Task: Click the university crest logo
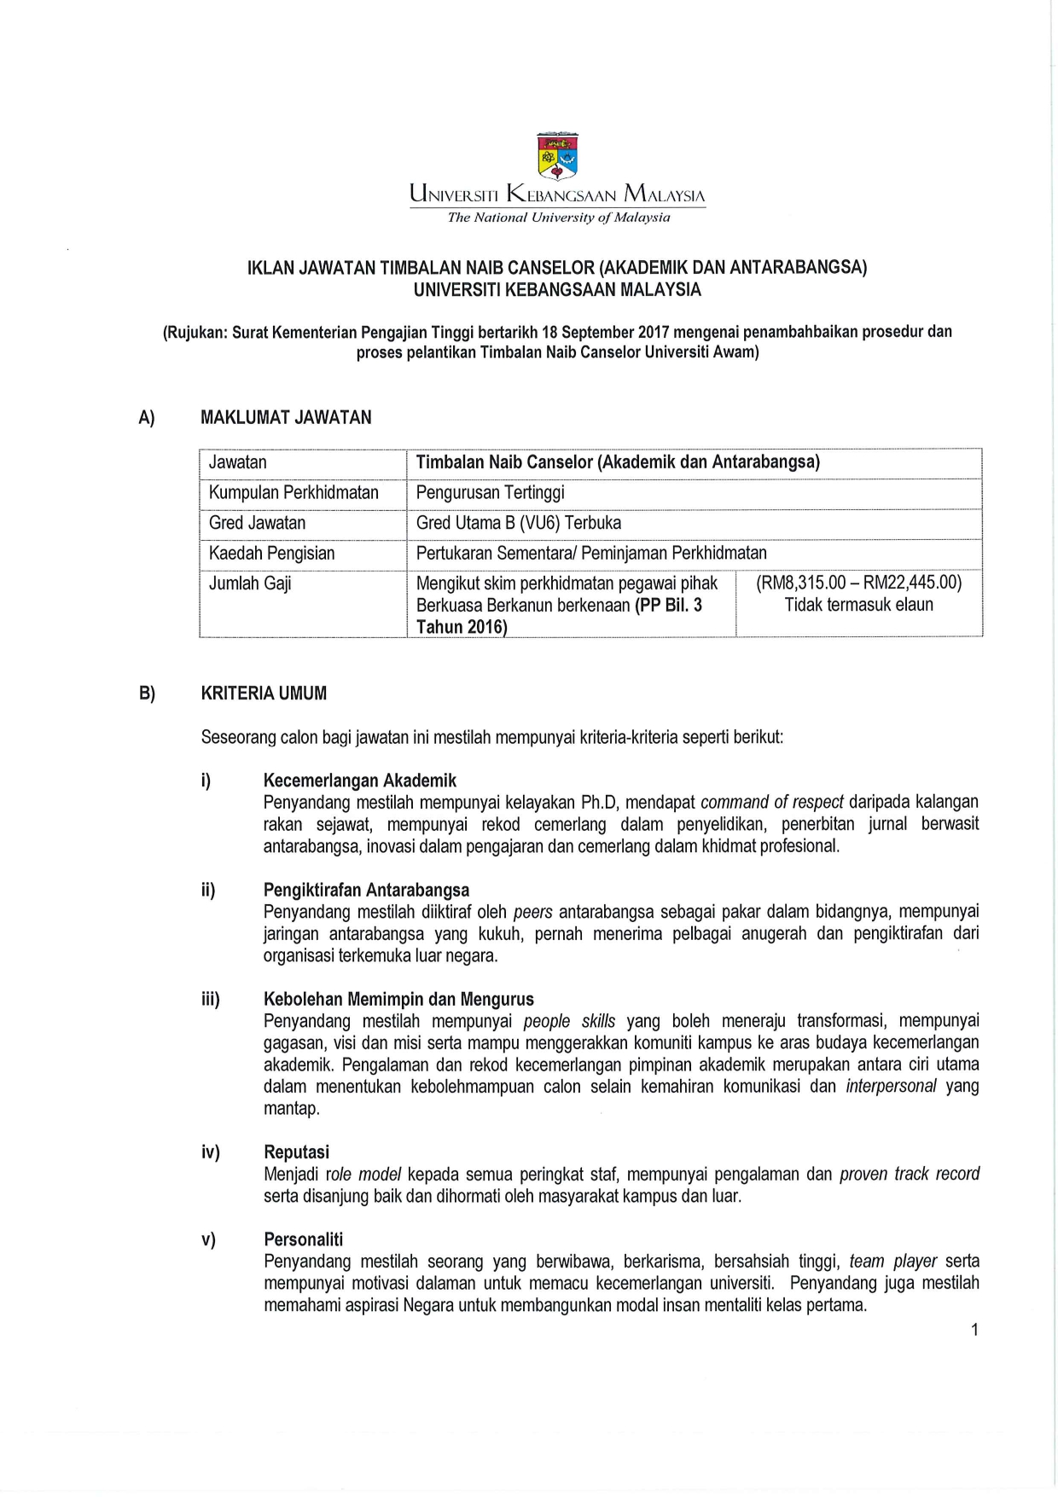(557, 157)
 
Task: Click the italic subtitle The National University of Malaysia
(559, 218)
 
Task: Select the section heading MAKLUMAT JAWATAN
(286, 418)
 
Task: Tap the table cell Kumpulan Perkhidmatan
(294, 493)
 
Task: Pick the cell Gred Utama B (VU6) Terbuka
(518, 523)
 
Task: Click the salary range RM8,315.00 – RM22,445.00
(858, 583)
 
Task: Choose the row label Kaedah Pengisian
(271, 554)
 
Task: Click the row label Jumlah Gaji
(250, 583)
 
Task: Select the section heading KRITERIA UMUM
(264, 693)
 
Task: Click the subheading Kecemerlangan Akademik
(359, 780)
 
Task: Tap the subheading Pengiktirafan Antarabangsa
(366, 891)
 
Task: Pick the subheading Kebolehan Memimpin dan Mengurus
(398, 1000)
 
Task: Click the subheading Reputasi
(296, 1152)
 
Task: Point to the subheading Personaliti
(303, 1239)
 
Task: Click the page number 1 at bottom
(974, 1330)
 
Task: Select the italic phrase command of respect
(771, 803)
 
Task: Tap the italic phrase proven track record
(910, 1175)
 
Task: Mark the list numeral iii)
(211, 1000)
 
